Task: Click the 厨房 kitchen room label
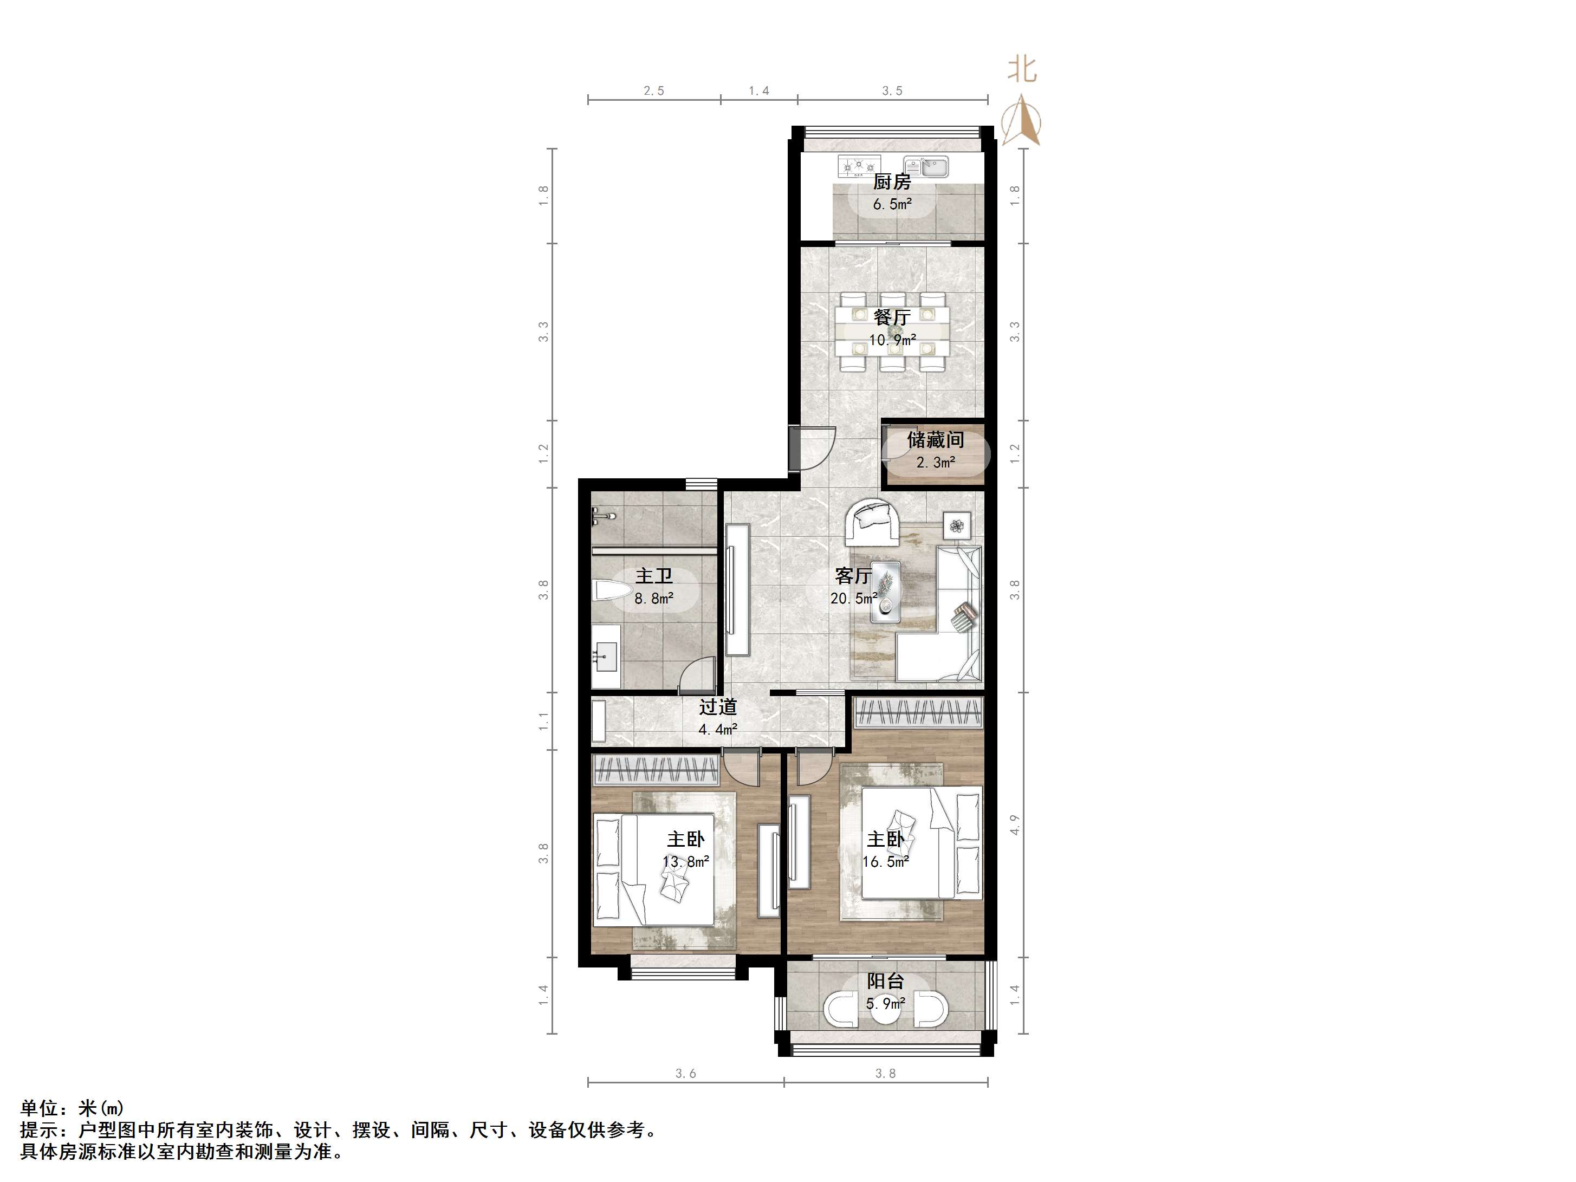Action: tap(892, 181)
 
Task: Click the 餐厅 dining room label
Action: tap(892, 317)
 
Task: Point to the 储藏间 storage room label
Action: tap(936, 440)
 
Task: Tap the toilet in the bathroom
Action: tap(611, 590)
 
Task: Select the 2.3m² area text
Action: tap(936, 463)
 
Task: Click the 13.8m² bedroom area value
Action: tap(685, 862)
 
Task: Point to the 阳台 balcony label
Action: tap(886, 981)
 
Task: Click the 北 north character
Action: tap(1022, 69)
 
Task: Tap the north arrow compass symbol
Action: tap(1022, 121)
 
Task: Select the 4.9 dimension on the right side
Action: tap(1015, 825)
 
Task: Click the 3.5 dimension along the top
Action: tap(892, 90)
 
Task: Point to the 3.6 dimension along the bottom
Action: tap(685, 1073)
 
